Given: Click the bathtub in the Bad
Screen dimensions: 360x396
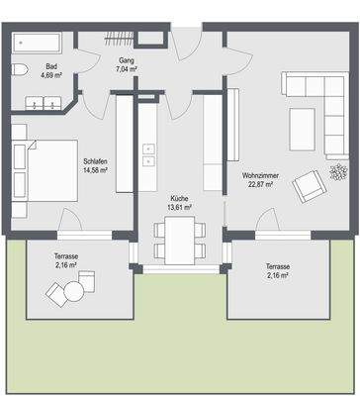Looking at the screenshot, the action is click(37, 43).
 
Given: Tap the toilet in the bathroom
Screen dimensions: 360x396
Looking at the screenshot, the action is click(20, 69).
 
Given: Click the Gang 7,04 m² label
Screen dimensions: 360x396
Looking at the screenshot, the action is click(127, 64).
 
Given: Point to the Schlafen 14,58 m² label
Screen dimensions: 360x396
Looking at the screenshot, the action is click(95, 166).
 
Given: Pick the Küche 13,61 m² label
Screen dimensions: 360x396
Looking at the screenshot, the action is click(180, 203).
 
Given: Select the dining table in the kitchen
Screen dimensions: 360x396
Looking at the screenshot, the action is click(180, 240).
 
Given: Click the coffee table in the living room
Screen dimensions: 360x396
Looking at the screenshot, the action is click(303, 129).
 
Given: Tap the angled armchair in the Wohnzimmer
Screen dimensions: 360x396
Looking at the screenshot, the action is click(309, 186).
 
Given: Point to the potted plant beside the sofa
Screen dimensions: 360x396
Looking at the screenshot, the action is click(339, 172).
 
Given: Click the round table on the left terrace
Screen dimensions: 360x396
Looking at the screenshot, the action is click(74, 291).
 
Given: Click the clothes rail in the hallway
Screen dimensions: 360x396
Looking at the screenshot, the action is click(119, 39).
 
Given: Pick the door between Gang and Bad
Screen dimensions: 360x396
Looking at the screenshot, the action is click(88, 61).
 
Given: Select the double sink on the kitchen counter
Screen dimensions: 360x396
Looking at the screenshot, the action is click(148, 154).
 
